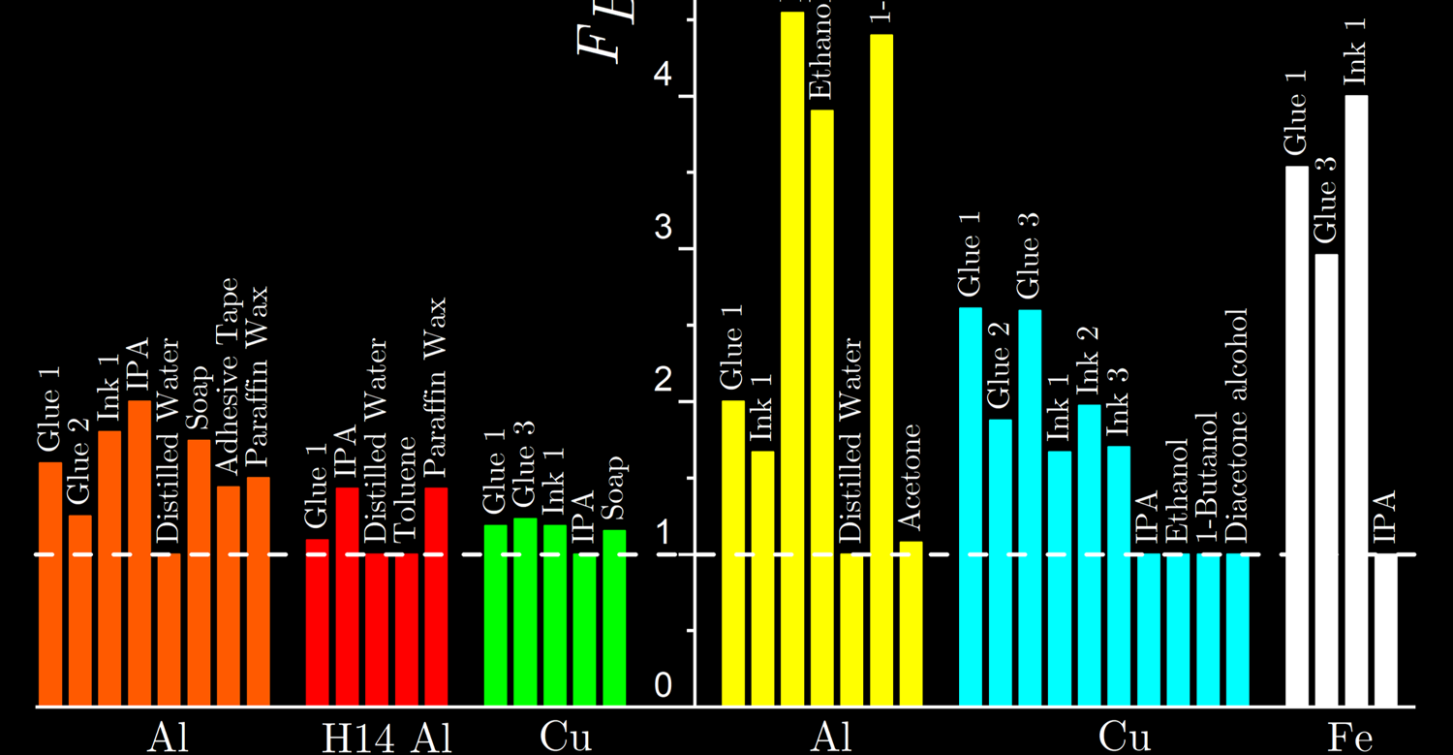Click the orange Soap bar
tap(199, 572)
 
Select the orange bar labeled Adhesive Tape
tap(229, 595)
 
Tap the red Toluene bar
tap(407, 629)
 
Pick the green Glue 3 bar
tap(525, 612)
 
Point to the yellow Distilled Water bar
tap(852, 629)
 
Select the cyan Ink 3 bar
tap(1119, 576)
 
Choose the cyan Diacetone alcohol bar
tap(1238, 629)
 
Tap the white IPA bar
tap(1386, 629)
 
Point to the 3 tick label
tap(663, 229)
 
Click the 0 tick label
tap(663, 686)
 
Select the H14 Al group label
tap(379, 739)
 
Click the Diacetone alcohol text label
tap(1237, 427)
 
